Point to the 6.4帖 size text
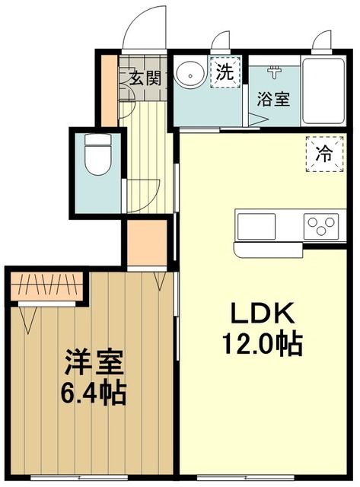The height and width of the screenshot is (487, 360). click(x=94, y=394)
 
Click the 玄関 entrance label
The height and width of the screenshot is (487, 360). click(x=145, y=78)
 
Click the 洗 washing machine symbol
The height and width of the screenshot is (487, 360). click(x=225, y=74)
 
